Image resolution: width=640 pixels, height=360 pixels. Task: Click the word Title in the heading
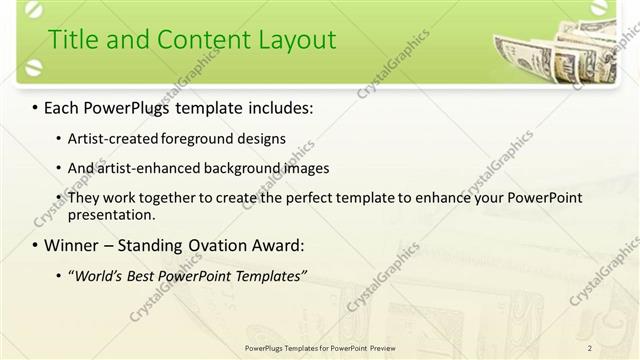click(74, 40)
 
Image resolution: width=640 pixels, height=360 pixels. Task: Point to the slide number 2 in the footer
click(590, 348)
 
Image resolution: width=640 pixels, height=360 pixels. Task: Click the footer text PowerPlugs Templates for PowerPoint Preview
click(320, 348)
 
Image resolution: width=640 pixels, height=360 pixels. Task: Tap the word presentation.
click(110, 214)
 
